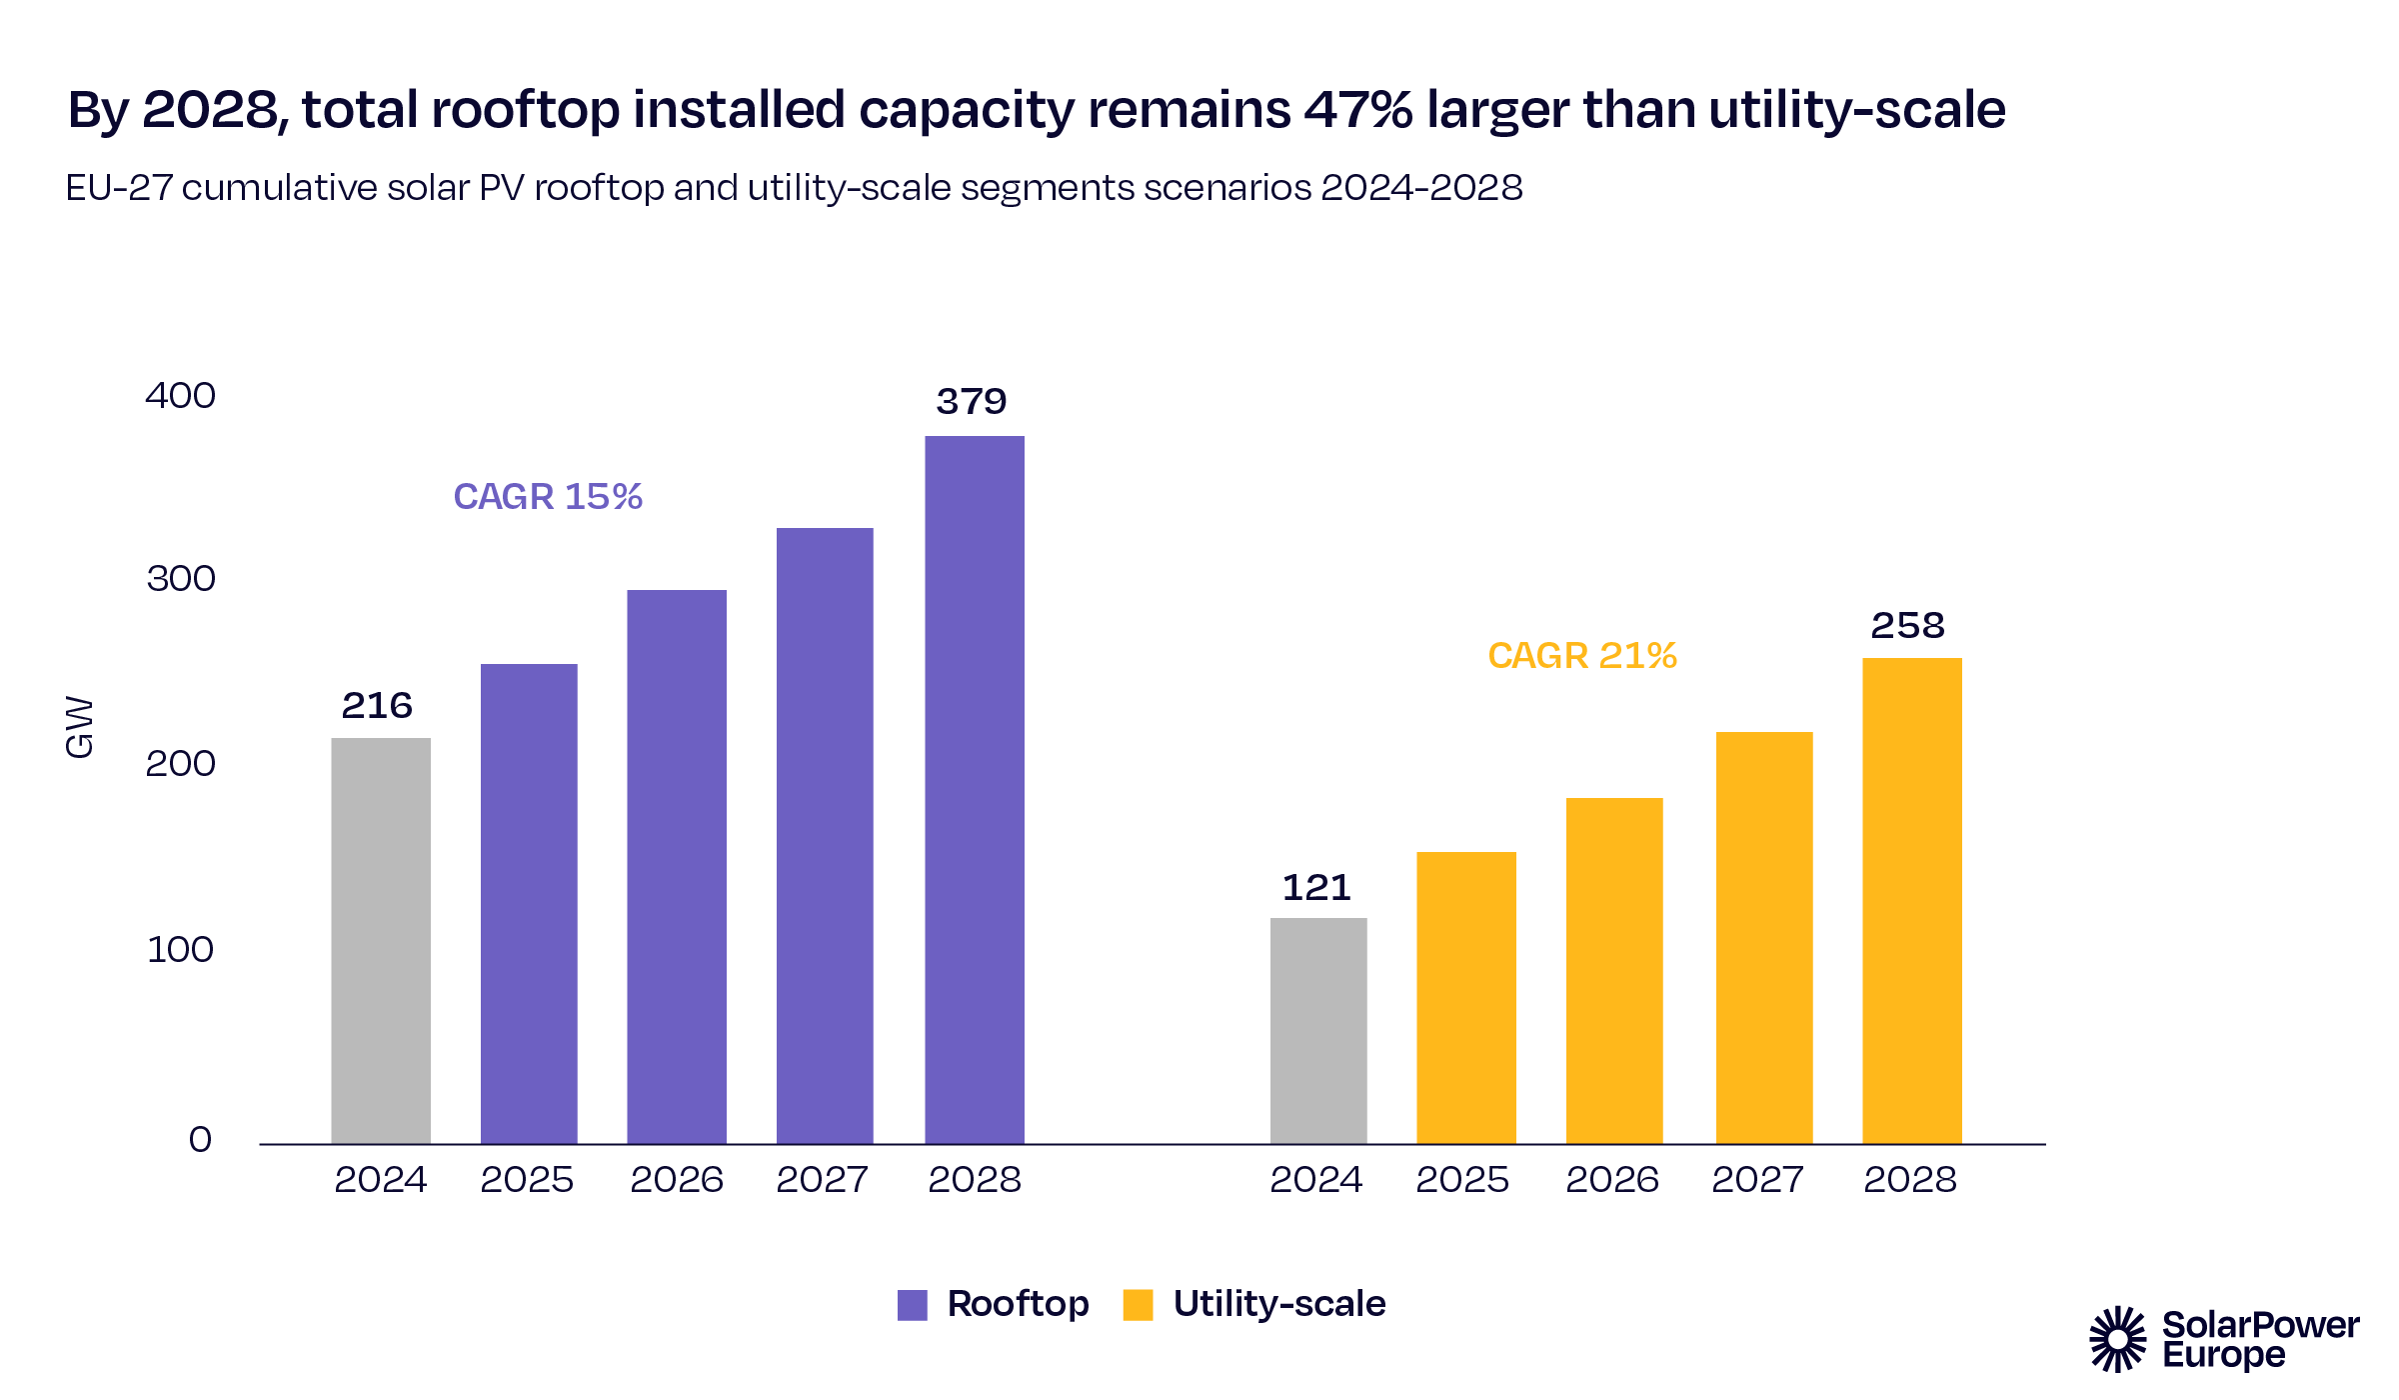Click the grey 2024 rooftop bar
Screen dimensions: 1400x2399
pyautogui.click(x=381, y=940)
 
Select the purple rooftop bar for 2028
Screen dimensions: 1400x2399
pyautogui.click(x=975, y=790)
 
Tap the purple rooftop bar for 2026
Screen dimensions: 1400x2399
pyautogui.click(x=677, y=866)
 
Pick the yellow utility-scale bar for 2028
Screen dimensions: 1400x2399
pyautogui.click(x=1912, y=900)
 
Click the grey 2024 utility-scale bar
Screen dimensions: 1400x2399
pyautogui.click(x=1318, y=1030)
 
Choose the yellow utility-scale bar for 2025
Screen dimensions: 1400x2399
pyautogui.click(x=1466, y=997)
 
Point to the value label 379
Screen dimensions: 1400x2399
pyautogui.click(x=972, y=402)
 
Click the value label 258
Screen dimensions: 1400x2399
pyautogui.click(x=1908, y=626)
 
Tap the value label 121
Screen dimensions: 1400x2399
pyautogui.click(x=1316, y=888)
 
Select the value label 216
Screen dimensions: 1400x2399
pyautogui.click(x=377, y=706)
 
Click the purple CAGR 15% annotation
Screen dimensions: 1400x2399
pyautogui.click(x=548, y=497)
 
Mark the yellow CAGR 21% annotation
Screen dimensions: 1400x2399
pyautogui.click(x=1582, y=656)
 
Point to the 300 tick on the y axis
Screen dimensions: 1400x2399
pyautogui.click(x=181, y=579)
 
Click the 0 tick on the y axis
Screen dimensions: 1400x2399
pyautogui.click(x=200, y=1139)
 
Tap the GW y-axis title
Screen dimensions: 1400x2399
pyautogui.click(x=79, y=727)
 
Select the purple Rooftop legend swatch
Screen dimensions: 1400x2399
pyautogui.click(x=913, y=1305)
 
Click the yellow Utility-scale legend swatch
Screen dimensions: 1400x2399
pyautogui.click(x=1139, y=1305)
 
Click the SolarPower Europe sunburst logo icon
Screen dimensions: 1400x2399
pyautogui.click(x=2117, y=1339)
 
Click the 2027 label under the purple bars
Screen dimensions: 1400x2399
pyautogui.click(x=823, y=1180)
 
